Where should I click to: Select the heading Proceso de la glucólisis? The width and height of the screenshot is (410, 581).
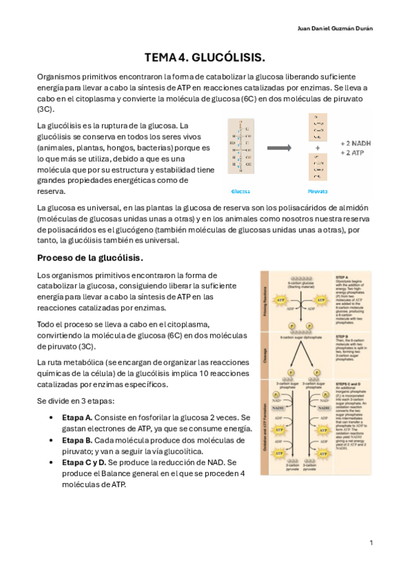pos(90,258)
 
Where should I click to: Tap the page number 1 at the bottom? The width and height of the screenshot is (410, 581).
pos(371,542)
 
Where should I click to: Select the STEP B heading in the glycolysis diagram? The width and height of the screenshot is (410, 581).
pos(342,336)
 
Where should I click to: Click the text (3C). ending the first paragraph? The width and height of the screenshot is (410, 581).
pos(45,109)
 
